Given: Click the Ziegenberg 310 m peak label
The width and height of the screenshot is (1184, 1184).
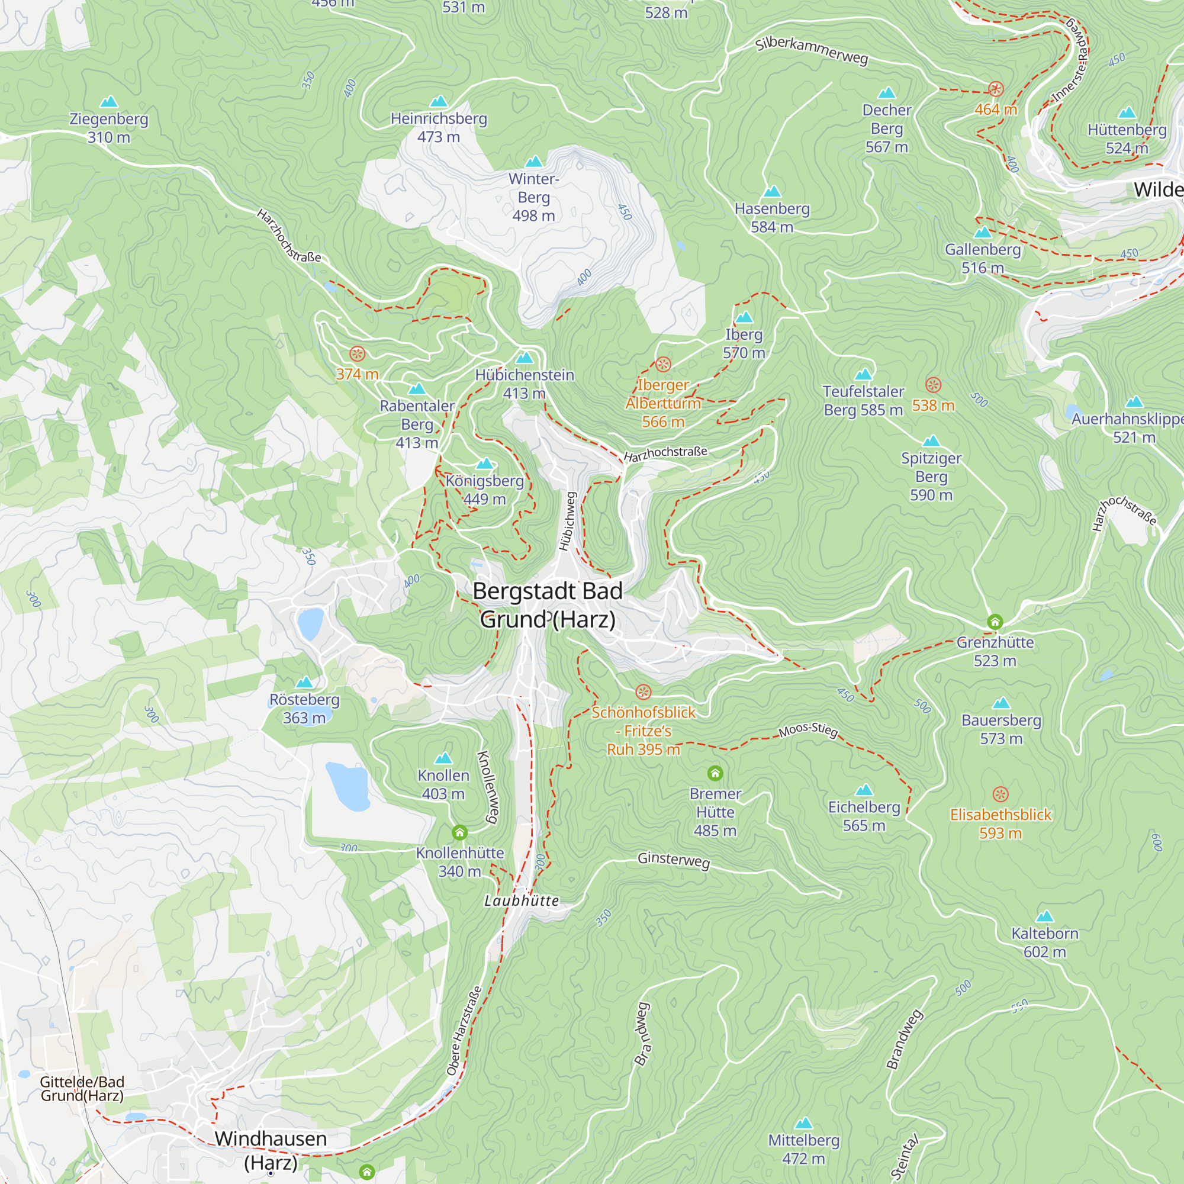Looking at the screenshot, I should [108, 127].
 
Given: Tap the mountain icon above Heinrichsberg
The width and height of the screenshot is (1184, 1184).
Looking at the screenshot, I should [438, 101].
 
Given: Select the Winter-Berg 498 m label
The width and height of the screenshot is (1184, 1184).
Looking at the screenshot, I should [533, 197].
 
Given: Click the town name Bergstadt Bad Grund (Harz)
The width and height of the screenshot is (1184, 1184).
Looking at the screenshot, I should [547, 605].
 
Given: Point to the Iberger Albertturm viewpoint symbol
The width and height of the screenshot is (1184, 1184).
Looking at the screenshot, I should [663, 365].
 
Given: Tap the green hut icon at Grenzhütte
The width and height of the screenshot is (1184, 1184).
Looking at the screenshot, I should [995, 622].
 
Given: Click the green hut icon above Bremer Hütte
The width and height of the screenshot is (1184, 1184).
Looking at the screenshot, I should [715, 773].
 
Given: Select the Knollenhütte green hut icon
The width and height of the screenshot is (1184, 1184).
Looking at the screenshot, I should [459, 832].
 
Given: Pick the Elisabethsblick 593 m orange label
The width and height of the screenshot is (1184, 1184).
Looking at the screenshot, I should [1000, 823].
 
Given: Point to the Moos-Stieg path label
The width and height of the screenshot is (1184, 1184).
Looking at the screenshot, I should [807, 730].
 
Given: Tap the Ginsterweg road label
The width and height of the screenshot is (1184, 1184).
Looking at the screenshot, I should [674, 860].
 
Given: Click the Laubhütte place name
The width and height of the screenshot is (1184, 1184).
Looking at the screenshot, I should [522, 901].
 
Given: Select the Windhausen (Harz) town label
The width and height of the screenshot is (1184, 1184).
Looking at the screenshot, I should [271, 1150].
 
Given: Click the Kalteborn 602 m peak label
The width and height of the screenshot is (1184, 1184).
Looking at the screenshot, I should [1045, 942].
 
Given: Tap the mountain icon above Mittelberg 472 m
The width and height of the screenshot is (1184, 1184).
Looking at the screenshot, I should [803, 1124].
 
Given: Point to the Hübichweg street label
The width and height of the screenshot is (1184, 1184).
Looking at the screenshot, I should [567, 522].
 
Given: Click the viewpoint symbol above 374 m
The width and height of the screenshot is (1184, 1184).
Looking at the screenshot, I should [358, 353].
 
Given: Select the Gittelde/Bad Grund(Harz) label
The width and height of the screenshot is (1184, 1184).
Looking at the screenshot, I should [82, 1089].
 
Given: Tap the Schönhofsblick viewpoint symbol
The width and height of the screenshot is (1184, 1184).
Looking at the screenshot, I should [643, 692].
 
